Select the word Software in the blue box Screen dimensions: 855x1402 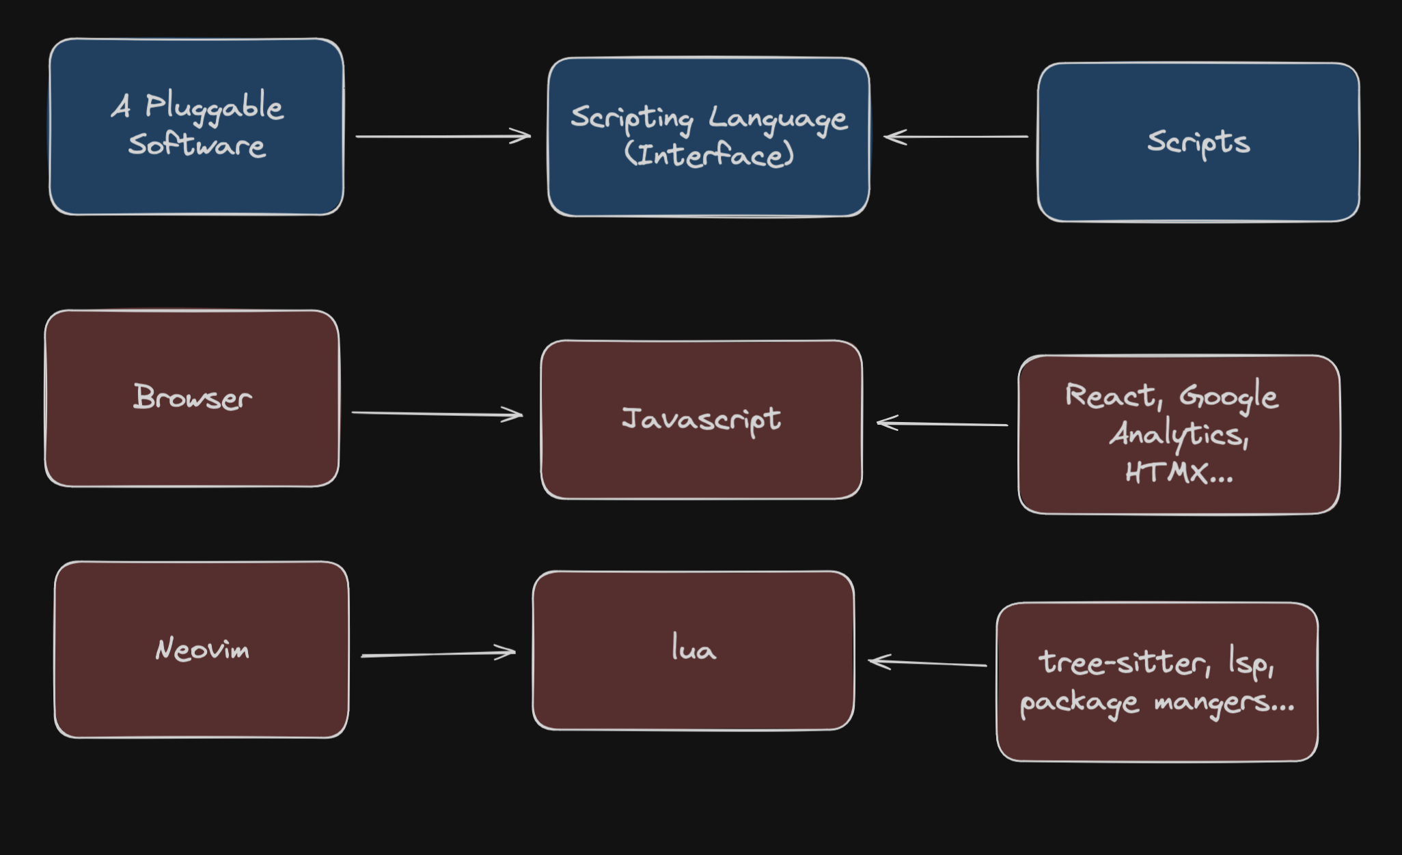pyautogui.click(x=197, y=145)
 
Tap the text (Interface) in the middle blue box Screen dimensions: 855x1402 pyautogui.click(x=709, y=154)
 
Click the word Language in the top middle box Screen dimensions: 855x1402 pyautogui.click(x=778, y=119)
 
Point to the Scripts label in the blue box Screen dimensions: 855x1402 pyautogui.click(x=1198, y=142)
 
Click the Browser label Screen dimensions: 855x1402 pyautogui.click(x=192, y=397)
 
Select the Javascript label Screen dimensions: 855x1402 pyautogui.click(x=701, y=419)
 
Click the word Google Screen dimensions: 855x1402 pyautogui.click(x=1228, y=396)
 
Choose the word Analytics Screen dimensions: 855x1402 pyautogui.click(x=1179, y=434)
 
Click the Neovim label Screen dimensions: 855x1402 pyautogui.click(x=202, y=649)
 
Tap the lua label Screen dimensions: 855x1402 pyautogui.click(x=693, y=648)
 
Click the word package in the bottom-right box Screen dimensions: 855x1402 pyautogui.click(x=1079, y=703)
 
